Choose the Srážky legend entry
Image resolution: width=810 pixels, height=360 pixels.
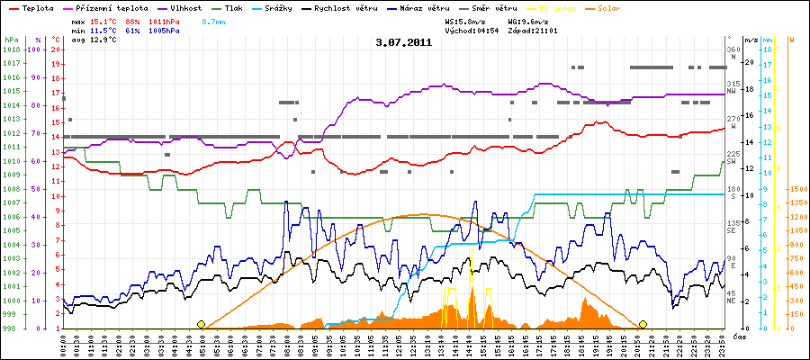[288, 7]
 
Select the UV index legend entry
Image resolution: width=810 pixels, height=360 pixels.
[551, 7]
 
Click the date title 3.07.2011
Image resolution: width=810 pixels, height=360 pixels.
[404, 41]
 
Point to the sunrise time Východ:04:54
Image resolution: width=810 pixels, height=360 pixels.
[471, 31]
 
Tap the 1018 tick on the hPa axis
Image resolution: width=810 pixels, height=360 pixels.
[11, 49]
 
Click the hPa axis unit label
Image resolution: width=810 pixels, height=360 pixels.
[11, 40]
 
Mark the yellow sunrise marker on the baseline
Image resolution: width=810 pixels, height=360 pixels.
[201, 324]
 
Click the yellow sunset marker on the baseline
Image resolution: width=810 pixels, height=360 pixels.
[643, 324]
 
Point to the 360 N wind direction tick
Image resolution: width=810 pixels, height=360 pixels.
[733, 53]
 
